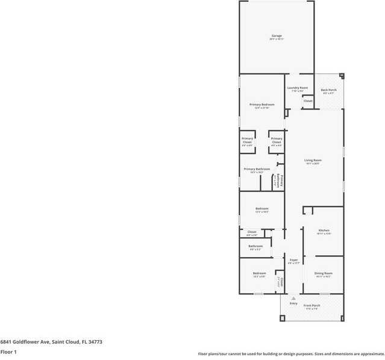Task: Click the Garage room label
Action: coord(276,36)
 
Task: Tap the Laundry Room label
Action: coord(297,88)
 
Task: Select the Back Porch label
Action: coord(328,90)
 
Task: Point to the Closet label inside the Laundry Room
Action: coord(307,101)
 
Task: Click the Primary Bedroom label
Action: coord(262,105)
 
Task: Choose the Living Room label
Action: coord(313,160)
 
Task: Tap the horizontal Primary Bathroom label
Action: coord(257,169)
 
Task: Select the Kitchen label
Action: coord(324,231)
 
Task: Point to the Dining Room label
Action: coord(324,273)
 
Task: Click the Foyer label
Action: coord(293,260)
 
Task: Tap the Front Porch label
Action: coord(311,306)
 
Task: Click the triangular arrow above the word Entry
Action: coord(293,298)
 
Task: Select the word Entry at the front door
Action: coord(293,303)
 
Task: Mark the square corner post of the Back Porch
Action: coord(342,76)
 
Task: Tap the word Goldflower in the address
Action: coord(25,342)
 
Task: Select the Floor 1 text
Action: coord(8,352)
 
